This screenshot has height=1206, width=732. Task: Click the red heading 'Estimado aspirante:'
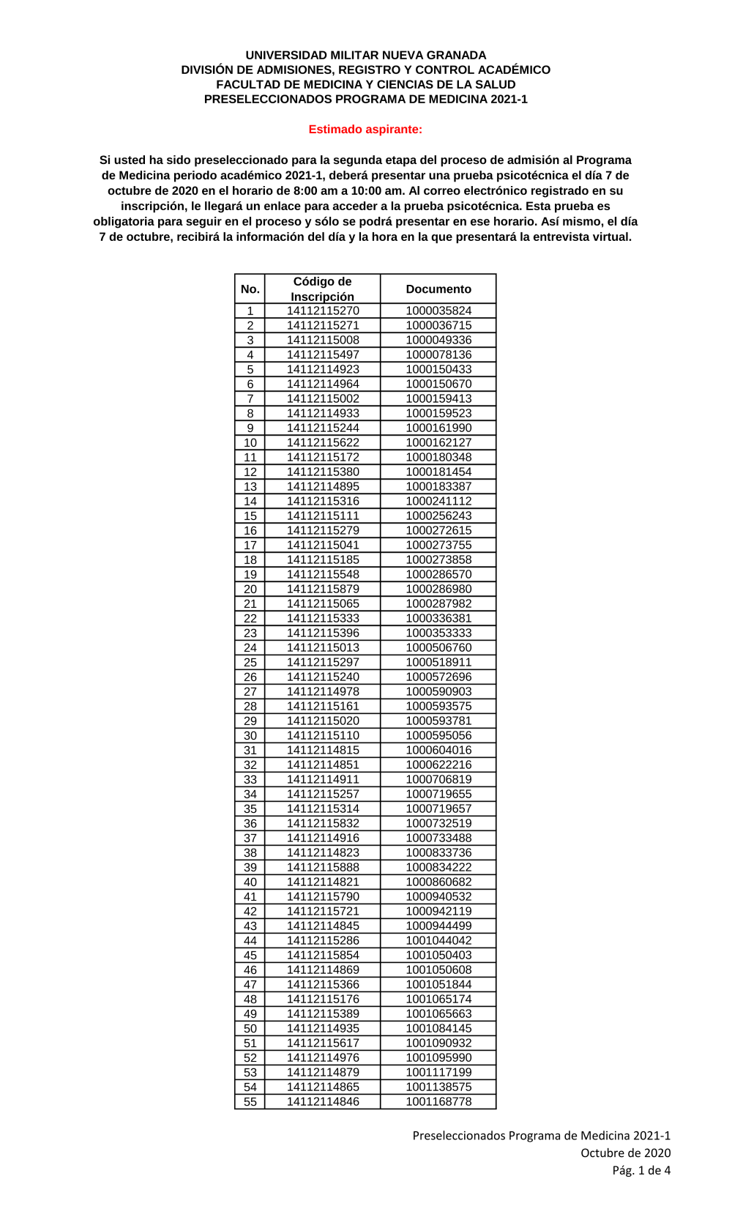[x=365, y=130]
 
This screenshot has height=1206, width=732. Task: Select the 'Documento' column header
[x=438, y=289]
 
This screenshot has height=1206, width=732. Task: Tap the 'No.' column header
[x=250, y=289]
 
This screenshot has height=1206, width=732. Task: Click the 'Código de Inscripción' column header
[x=323, y=289]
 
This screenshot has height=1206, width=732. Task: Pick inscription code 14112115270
[x=323, y=310]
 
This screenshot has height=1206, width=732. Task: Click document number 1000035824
[x=438, y=310]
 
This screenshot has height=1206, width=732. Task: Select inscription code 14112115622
[x=323, y=442]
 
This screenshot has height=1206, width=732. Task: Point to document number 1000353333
[x=438, y=633]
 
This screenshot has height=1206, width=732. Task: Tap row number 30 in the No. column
[x=250, y=735]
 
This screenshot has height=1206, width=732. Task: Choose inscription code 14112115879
[x=323, y=589]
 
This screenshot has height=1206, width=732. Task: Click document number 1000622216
[x=438, y=764]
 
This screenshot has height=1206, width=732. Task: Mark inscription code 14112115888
[x=323, y=867]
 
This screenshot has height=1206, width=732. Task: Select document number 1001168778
[x=438, y=1101]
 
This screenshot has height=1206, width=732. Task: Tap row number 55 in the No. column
[x=250, y=1101]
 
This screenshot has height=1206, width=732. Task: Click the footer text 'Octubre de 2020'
[x=625, y=1153]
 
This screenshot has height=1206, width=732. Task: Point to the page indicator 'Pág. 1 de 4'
[x=641, y=1170]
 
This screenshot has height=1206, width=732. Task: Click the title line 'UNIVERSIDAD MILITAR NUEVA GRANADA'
[x=365, y=55]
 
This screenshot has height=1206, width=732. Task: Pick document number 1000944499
[x=438, y=926]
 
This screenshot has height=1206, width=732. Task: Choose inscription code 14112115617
[x=323, y=1043]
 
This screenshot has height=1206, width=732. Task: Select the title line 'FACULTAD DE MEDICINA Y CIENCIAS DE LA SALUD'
[x=365, y=84]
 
